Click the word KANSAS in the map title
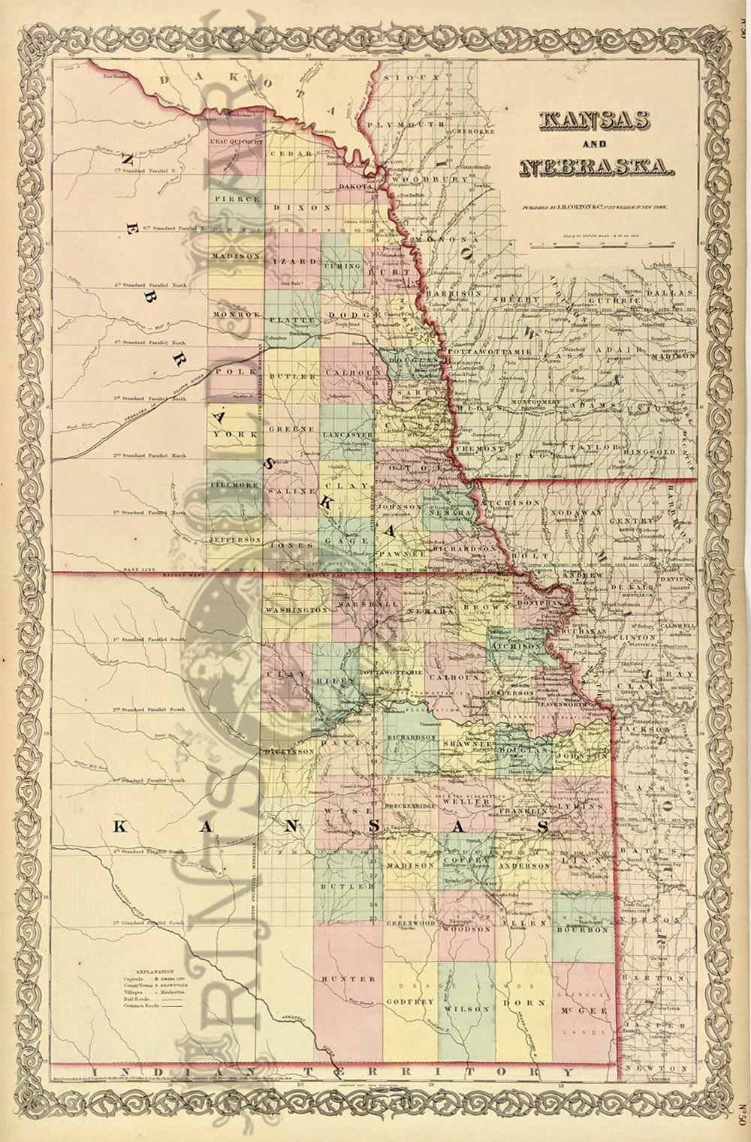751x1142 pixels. (593, 122)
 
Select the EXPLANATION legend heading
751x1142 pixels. (154, 971)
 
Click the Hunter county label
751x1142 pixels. (348, 979)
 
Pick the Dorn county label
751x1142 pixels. (518, 1001)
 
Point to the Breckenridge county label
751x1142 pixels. (411, 806)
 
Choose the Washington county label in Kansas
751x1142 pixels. (297, 610)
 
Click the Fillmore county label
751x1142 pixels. (234, 485)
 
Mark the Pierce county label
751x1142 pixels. (235, 200)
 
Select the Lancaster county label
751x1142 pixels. (347, 435)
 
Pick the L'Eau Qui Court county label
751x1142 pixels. (235, 140)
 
